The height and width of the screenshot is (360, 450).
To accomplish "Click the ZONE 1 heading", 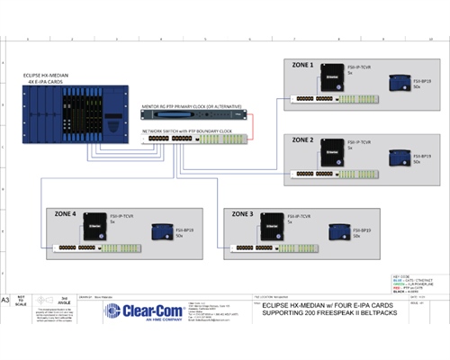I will [301, 66].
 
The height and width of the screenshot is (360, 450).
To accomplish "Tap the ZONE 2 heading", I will [301, 141].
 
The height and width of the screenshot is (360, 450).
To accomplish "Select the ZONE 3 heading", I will [246, 215].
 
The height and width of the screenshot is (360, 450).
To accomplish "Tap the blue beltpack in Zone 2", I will [397, 158].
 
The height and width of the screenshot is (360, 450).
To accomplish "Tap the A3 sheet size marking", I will [6, 298].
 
